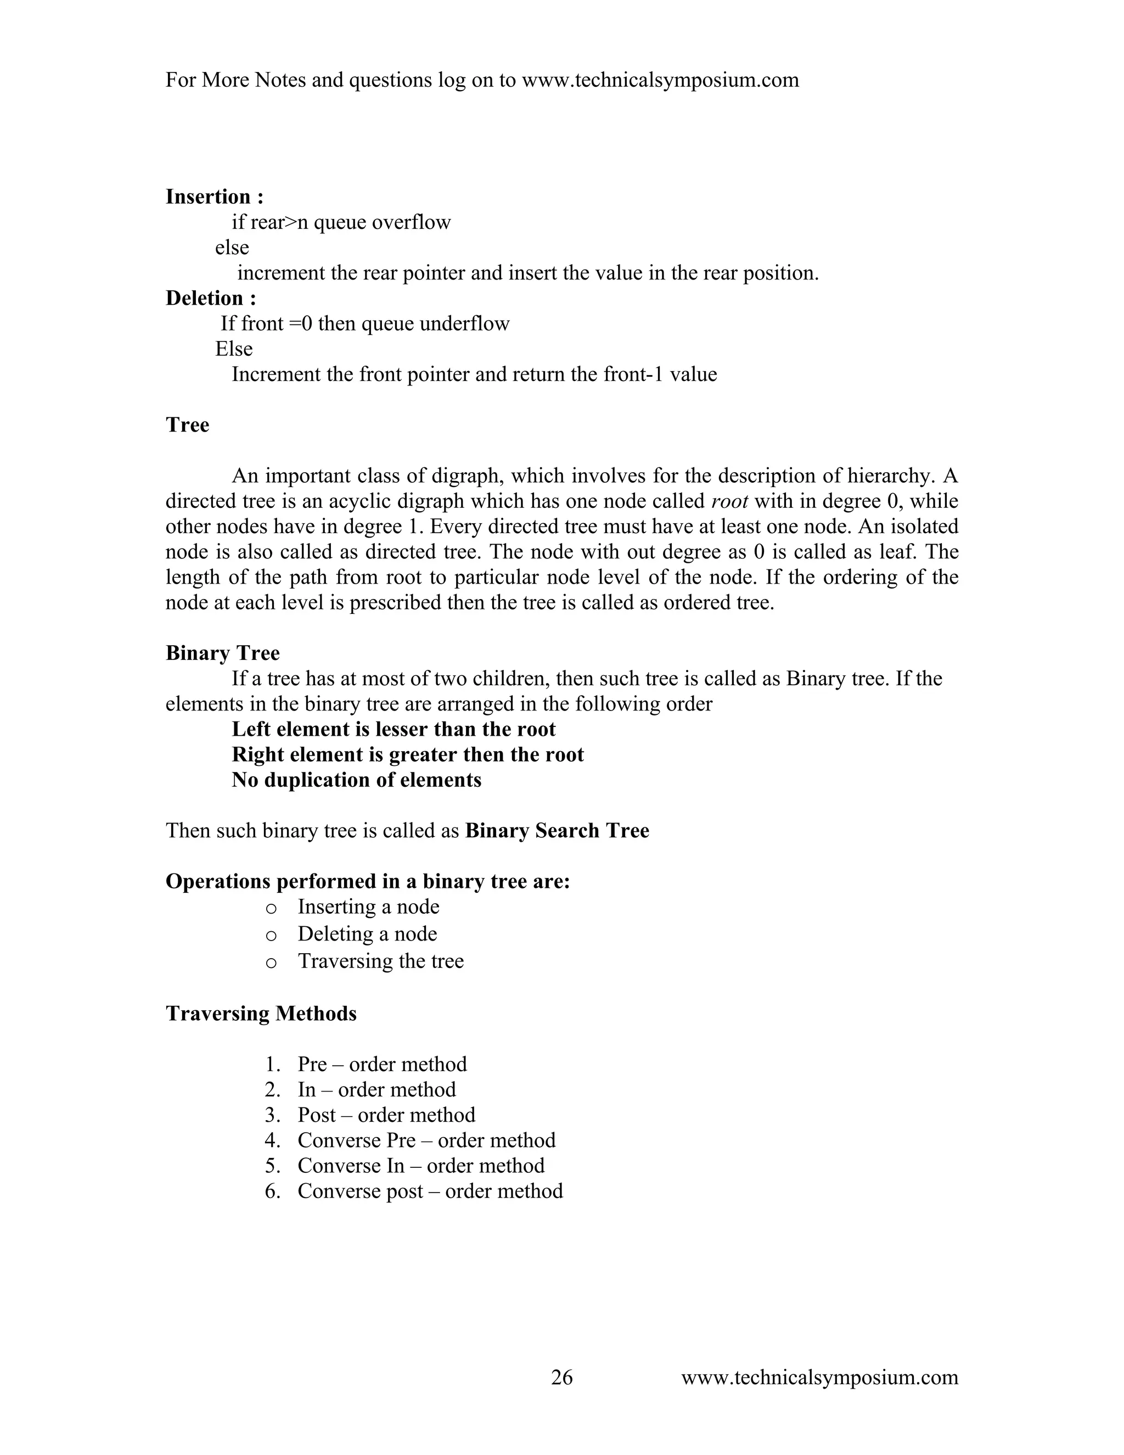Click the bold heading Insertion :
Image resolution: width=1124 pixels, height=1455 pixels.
point(215,197)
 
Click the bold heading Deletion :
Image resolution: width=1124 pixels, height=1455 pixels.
point(210,299)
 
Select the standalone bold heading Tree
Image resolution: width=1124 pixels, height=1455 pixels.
point(187,425)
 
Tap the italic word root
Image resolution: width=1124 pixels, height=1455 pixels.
point(730,501)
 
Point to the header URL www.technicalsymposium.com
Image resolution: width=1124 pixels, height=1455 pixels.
point(660,81)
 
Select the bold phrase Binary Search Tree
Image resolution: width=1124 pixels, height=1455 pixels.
point(557,831)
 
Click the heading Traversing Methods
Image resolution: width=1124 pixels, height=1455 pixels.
point(261,1014)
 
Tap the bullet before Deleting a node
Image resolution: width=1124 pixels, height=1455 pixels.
point(271,936)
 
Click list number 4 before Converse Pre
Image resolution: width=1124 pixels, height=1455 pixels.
point(272,1140)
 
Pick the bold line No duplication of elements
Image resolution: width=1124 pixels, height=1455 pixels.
point(356,780)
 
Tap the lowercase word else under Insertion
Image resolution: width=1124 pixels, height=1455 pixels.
point(232,248)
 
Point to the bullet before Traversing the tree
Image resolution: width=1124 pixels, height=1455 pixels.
point(271,962)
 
